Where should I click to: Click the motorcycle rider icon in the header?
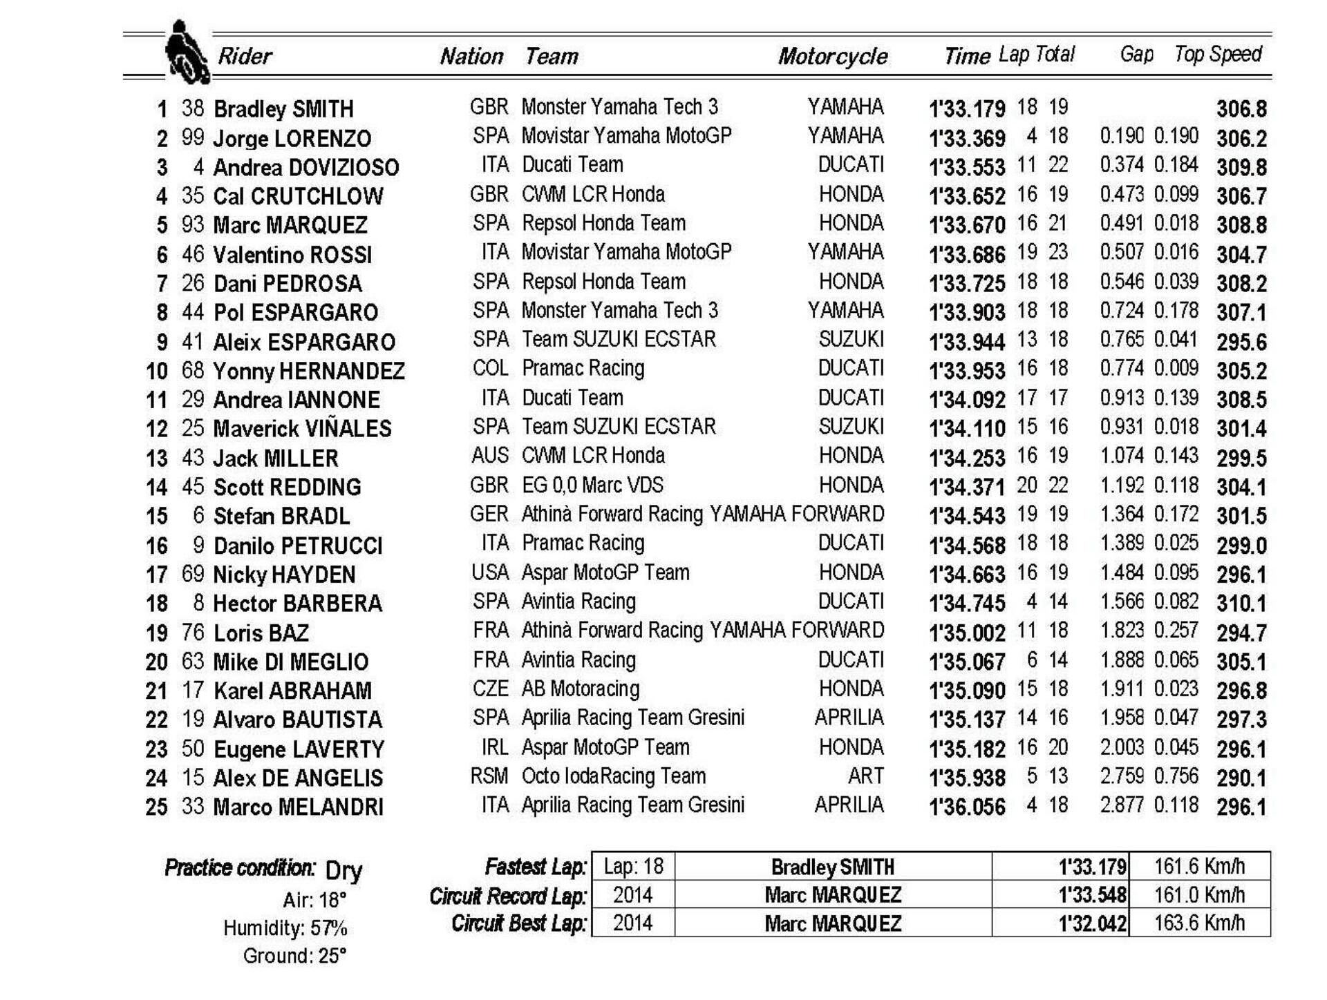[185, 52]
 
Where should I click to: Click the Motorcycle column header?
[832, 56]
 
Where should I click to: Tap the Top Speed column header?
[1218, 54]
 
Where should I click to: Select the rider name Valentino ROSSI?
[292, 255]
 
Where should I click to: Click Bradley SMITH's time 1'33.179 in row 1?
[966, 109]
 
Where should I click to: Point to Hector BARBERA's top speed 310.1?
[1241, 604]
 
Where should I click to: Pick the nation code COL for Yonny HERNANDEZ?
[490, 368]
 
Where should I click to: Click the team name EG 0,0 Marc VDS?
[592, 485]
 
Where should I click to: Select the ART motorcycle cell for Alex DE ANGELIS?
[865, 776]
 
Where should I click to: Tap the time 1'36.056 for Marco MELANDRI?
[966, 807]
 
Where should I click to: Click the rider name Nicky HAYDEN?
[284, 575]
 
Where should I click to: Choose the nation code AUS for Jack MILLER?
[489, 456]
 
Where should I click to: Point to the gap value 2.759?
[1122, 776]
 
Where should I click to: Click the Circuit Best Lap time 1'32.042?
[1092, 923]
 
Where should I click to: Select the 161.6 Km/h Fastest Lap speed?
[1199, 866]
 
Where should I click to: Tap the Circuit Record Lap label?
[507, 896]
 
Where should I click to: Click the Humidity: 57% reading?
[285, 927]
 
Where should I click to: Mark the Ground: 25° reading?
[294, 956]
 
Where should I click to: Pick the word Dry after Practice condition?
[343, 870]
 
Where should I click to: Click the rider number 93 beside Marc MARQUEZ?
[193, 224]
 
